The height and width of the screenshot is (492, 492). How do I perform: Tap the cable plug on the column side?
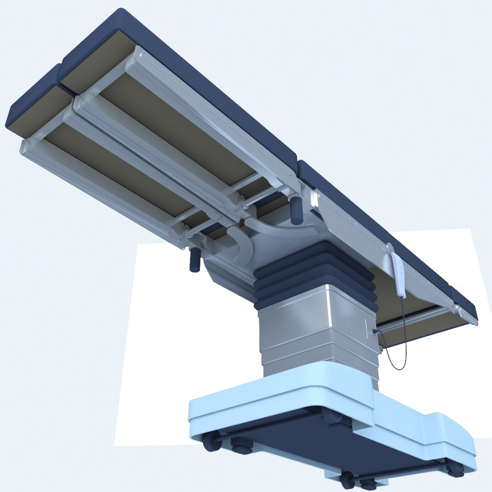tap(374, 332)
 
